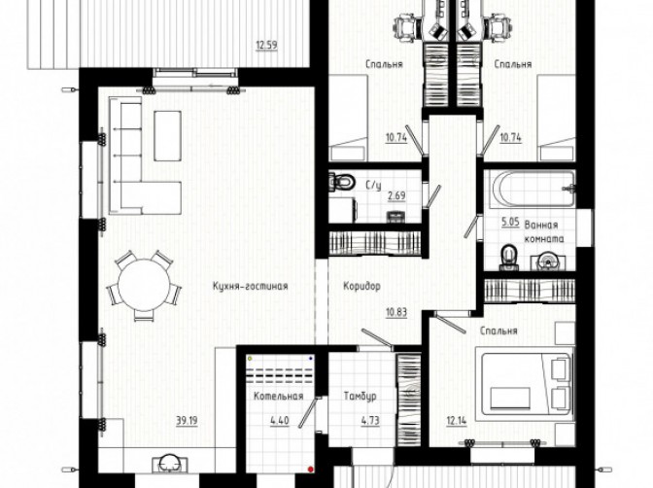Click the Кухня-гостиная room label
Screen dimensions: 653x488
251,287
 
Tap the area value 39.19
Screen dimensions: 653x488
187,421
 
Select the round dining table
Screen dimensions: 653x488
144,285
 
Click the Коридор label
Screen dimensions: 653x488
361,287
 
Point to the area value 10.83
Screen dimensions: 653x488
396,312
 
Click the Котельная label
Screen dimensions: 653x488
279,396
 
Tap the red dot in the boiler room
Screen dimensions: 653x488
310,470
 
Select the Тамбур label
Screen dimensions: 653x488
361,396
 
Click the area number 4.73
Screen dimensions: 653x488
370,421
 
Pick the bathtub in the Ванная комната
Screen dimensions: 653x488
534,190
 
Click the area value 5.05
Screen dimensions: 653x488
510,222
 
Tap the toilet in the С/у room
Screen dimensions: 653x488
341,181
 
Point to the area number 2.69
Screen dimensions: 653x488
396,195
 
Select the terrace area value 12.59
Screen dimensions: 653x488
266,45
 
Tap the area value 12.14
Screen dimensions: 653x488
457,421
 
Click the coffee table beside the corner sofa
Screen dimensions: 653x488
167,136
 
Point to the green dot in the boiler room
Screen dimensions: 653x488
250,358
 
